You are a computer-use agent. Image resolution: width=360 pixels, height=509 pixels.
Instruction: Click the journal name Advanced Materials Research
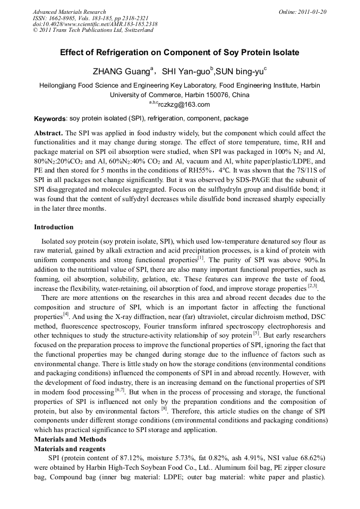tap(69, 12)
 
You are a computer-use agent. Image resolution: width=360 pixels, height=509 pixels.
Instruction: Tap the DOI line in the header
tap(87, 24)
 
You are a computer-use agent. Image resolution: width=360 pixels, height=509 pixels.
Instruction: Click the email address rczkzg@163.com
tap(184, 105)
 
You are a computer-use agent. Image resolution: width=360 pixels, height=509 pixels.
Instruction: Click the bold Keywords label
tap(49, 119)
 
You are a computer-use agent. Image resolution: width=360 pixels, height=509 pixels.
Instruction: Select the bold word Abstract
tap(49, 133)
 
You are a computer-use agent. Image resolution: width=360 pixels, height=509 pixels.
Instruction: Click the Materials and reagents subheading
tap(70, 449)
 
